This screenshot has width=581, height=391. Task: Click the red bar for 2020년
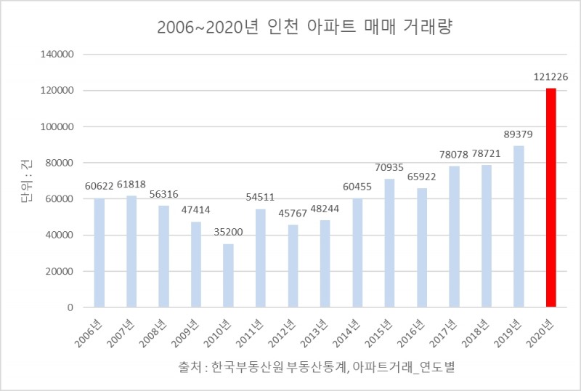coord(551,198)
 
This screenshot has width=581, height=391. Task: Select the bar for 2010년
coord(228,275)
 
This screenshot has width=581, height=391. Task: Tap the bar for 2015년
coord(390,243)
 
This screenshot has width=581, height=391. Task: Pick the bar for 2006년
coord(99,252)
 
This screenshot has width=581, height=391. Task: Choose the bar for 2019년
coord(519,227)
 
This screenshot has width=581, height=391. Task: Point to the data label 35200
coord(228,233)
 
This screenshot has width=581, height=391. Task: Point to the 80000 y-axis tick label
coord(60,163)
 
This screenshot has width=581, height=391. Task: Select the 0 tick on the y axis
coord(70,307)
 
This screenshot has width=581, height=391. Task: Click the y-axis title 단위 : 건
coord(30,181)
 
